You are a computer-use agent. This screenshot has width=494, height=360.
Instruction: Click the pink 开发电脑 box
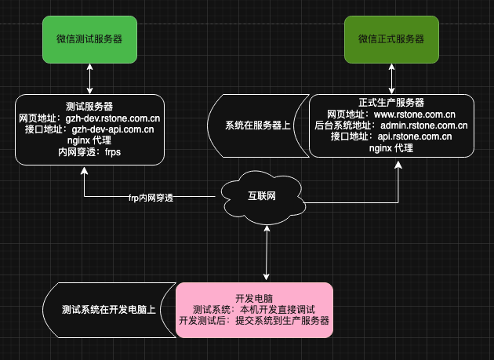tap(255, 310)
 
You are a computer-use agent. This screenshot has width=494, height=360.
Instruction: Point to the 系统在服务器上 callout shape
tap(255, 125)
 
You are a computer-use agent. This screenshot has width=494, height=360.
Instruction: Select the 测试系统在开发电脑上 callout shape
tap(108, 310)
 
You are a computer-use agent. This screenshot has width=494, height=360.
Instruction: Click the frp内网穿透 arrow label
tap(151, 198)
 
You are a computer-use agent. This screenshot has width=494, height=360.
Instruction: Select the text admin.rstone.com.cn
tap(423, 125)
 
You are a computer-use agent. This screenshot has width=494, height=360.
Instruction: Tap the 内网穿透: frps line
tap(89, 152)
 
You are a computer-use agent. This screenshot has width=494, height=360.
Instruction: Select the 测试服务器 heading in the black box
tap(89, 106)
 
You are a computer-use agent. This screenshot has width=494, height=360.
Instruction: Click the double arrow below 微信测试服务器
tap(90, 79)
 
